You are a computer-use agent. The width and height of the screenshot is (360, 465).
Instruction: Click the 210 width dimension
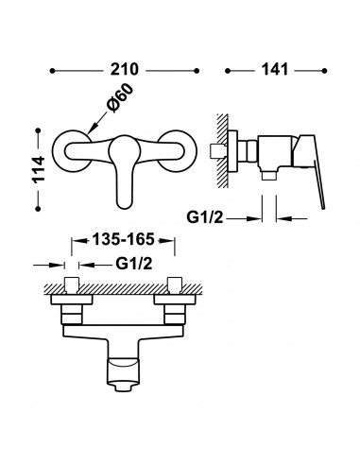[124, 69]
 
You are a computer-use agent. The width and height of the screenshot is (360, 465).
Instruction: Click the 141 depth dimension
[275, 69]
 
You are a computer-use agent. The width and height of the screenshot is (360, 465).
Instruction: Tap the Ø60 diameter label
[120, 97]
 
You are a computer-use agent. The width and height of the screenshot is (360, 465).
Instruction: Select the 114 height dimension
[39, 169]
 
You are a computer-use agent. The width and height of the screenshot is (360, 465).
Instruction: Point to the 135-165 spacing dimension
[123, 239]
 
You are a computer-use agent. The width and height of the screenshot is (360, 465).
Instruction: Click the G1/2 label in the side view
[205, 217]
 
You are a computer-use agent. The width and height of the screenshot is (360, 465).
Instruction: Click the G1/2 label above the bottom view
[134, 264]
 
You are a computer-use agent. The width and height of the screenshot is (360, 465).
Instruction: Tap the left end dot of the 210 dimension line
[53, 71]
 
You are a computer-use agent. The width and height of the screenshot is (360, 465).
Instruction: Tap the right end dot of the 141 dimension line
[324, 71]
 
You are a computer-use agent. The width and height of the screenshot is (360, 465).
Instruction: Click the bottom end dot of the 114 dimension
[39, 209]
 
